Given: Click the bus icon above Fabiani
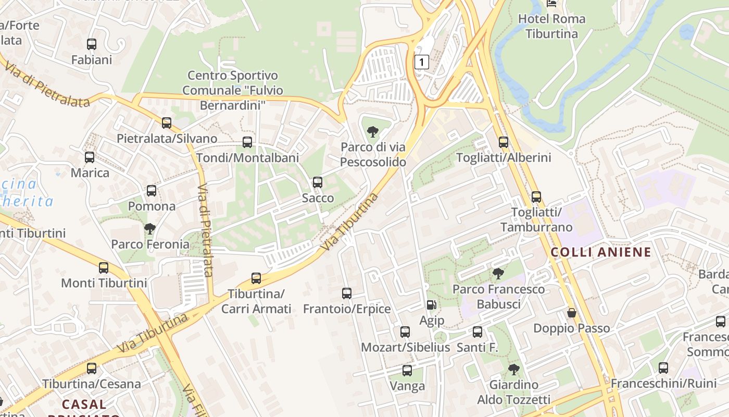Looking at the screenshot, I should coord(92,44).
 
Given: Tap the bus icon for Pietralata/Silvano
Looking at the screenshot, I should coord(167,123).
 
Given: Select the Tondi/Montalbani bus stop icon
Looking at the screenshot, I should coord(247,142).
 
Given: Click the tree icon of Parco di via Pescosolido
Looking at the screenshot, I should coord(373,131).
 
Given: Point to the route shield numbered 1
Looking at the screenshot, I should coord(421,62).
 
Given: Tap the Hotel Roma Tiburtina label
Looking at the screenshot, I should coord(551,26).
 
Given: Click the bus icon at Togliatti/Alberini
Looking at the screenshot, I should coord(504,142).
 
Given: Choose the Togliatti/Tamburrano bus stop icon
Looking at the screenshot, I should coord(536,197).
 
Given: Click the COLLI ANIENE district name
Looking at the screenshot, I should coord(601,252).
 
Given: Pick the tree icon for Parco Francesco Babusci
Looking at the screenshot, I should coord(498,273).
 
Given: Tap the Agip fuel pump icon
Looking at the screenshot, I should coord(432,304).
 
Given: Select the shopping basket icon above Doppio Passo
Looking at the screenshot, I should coord(572,313).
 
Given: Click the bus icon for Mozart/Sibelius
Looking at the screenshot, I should coord(405,332).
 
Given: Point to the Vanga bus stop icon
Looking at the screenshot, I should coord(407,371).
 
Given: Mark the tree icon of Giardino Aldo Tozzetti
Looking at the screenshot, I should coord(514,370).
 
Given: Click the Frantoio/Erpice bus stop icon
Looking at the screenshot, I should coord(347,293).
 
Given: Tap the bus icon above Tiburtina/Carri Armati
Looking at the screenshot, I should coord(256,278).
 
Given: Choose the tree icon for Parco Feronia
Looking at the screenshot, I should coord(150,228).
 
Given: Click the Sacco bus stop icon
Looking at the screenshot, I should coord(318,182).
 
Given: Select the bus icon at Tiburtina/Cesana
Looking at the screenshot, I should coord(92,369).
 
